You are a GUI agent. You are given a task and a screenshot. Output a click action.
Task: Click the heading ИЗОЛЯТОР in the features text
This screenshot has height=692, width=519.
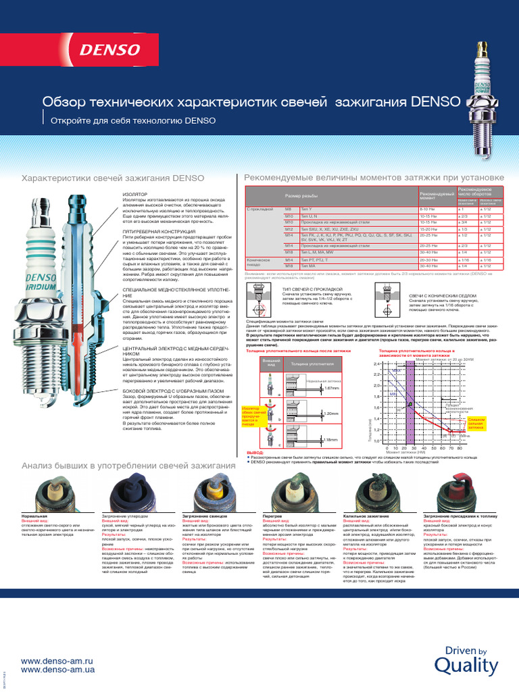(134, 193)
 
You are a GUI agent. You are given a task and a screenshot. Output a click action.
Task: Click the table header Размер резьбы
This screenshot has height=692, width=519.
(300, 195)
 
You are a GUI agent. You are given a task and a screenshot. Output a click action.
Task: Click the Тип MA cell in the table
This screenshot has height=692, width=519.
(308, 267)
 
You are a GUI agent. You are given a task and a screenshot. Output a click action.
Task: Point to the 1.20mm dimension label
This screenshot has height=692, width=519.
(330, 413)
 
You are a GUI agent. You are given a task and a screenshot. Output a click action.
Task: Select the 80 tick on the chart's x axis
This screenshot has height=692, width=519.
(460, 448)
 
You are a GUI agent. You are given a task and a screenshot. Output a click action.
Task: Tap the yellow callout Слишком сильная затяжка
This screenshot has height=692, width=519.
(476, 423)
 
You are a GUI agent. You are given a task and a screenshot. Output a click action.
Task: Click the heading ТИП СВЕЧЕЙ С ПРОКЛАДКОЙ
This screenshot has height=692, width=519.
(312, 288)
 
